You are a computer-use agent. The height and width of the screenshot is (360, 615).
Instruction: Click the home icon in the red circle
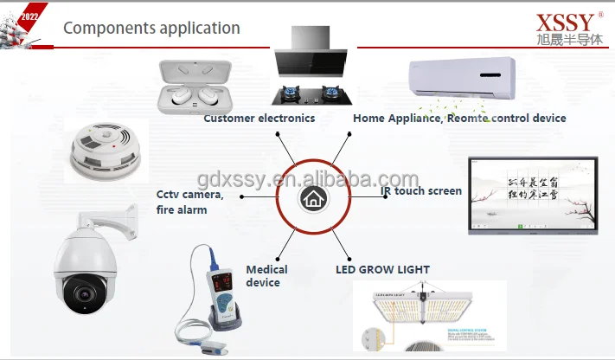point(311,199)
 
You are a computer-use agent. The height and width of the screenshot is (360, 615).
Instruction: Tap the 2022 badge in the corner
point(28,16)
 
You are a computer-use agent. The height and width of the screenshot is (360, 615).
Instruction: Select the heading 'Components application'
point(151,28)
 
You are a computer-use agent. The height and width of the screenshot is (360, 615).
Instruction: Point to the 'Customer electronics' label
point(259,118)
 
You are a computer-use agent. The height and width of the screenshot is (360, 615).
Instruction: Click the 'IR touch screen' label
point(421,191)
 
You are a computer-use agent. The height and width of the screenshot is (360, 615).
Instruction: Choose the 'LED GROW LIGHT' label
point(382,270)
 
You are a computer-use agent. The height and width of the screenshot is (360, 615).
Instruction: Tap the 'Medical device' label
point(266,276)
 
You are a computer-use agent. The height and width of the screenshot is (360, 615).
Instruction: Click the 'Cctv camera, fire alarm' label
point(190,202)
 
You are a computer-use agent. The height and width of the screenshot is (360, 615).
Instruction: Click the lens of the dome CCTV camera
point(84,292)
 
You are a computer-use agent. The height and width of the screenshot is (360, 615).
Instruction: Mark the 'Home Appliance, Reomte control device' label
point(459,118)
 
